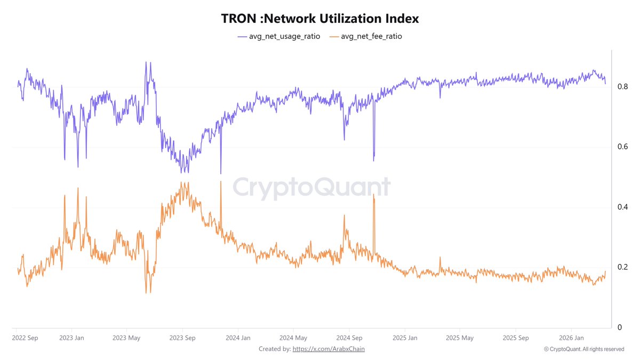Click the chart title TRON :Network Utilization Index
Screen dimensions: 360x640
pos(320,18)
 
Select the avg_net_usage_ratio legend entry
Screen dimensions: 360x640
pos(279,36)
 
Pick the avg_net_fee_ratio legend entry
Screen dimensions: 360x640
pos(367,36)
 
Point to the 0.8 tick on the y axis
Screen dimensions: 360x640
pos(622,86)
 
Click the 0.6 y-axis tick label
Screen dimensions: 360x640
pos(622,147)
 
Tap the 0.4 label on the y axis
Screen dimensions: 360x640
pos(622,207)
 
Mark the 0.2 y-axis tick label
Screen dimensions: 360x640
pos(622,267)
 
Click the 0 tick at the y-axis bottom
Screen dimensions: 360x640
pos(619,327)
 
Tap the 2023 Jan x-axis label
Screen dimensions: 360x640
pos(71,338)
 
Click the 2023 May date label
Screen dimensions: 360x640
pos(126,338)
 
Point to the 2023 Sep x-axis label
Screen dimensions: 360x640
pos(182,338)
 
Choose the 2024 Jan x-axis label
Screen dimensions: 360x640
pos(238,338)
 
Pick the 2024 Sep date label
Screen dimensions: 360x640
pos(349,338)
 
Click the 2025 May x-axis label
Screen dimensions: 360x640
pos(460,338)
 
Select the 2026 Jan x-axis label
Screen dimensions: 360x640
pos(571,338)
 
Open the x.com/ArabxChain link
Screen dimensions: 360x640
pos(329,349)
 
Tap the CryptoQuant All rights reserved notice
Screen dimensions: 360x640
pos(584,349)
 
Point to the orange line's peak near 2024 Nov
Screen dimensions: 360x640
pos(374,195)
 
